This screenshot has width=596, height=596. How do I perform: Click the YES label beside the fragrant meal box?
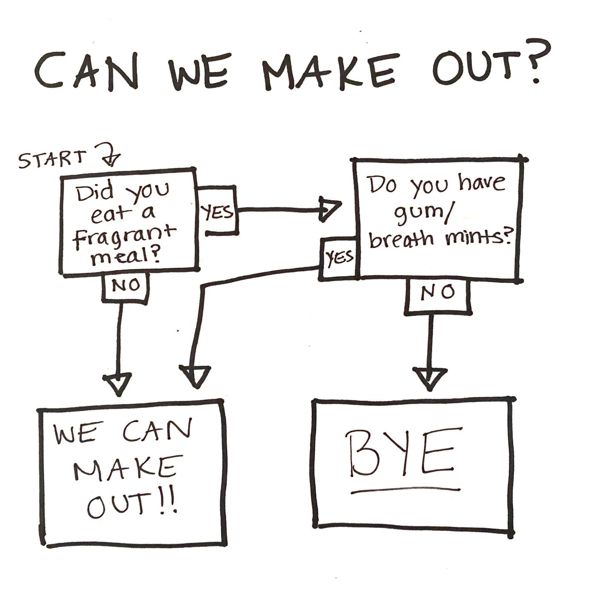218,211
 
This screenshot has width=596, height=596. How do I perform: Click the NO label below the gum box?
438,292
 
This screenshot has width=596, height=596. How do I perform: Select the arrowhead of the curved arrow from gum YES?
195,376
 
